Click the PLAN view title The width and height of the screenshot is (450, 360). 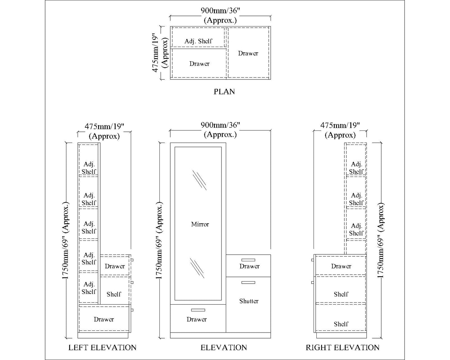pyautogui.click(x=224, y=92)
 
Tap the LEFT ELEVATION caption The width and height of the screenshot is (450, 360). pyautogui.click(x=102, y=348)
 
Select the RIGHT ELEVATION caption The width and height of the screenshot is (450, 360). pyautogui.click(x=343, y=348)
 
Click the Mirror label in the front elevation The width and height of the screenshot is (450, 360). pyautogui.click(x=200, y=224)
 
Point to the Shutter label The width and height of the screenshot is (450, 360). pyautogui.click(x=249, y=301)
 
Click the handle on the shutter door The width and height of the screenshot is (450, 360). pyautogui.click(x=248, y=282)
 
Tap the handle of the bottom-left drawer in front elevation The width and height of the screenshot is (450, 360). pyautogui.click(x=198, y=310)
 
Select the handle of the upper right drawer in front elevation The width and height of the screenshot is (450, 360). pyautogui.click(x=248, y=260)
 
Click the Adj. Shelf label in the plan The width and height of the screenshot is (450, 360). pyautogui.click(x=198, y=41)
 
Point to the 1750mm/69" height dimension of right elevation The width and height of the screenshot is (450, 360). pyautogui.click(x=381, y=240)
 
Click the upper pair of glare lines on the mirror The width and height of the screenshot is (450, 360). pyautogui.click(x=199, y=180)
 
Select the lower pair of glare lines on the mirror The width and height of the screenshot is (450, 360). pyautogui.click(x=197, y=268)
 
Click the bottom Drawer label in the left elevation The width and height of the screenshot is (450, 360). pyautogui.click(x=104, y=319)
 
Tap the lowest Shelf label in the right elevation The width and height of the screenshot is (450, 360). pyautogui.click(x=341, y=324)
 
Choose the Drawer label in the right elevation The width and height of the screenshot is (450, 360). pyautogui.click(x=341, y=266)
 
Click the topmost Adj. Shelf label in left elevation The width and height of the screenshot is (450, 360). pyautogui.click(x=89, y=168)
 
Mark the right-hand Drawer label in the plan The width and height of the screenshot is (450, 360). pyautogui.click(x=248, y=53)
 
